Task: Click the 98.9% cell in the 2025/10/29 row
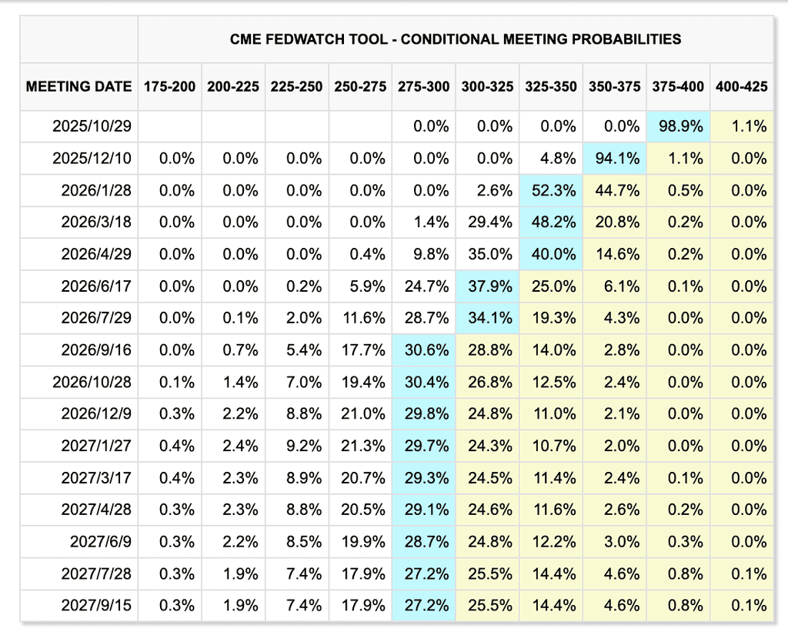point(678,126)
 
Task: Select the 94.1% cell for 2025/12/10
point(615,159)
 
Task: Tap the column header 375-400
point(678,86)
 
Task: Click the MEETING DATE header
point(79,86)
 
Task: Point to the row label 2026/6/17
point(96,286)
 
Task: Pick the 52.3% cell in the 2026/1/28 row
point(551,191)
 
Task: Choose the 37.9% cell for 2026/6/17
point(487,286)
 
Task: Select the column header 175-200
point(169,86)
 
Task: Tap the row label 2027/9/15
point(96,605)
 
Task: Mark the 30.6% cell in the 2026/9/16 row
point(424,350)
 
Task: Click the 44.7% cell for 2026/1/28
point(615,191)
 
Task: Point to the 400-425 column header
point(742,86)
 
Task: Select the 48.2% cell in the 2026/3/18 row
point(551,222)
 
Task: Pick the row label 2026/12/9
point(96,414)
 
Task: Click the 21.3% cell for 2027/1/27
point(360,446)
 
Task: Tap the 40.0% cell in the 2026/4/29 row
point(551,254)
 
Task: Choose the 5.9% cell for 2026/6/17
point(360,286)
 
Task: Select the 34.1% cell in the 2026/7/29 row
point(487,318)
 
